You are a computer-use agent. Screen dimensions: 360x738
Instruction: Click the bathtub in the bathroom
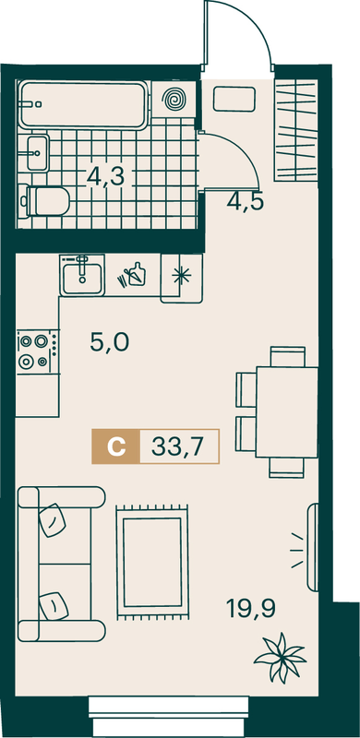pos(83,104)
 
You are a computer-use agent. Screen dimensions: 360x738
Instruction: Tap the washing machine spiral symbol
pos(174,100)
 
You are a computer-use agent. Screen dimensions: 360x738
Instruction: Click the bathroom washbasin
pos(37,152)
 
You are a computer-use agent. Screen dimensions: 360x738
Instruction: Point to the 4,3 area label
pos(105,177)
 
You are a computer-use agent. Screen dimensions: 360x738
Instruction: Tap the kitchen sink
pos(82,275)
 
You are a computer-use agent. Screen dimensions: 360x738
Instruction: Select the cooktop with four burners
pos(38,352)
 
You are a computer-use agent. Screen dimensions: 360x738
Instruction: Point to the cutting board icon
pos(134,274)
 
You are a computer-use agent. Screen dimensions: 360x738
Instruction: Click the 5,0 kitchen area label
pos(109,342)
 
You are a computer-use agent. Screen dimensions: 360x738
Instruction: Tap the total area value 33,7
pos(177,446)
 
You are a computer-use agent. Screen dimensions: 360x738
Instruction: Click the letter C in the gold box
pos(116,446)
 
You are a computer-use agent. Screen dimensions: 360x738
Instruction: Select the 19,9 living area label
pos(251,609)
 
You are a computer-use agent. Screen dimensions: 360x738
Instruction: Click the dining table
pos(286,411)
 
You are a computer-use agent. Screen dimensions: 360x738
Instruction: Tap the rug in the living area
pos(152,563)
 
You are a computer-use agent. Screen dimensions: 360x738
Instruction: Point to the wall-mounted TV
pos(313,546)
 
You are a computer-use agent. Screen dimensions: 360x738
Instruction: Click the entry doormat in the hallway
pos(234,99)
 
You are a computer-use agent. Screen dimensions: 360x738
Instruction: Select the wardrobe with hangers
pos(296,129)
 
